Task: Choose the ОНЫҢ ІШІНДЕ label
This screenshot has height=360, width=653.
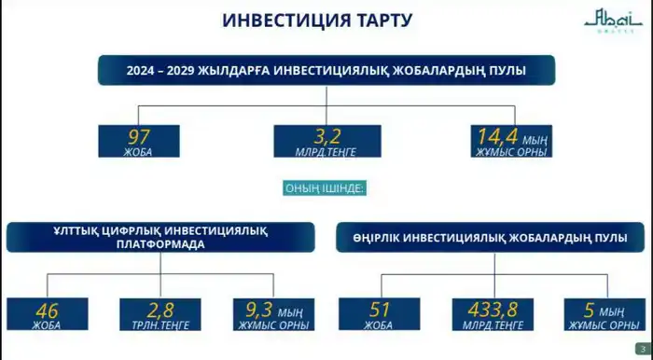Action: tap(324, 188)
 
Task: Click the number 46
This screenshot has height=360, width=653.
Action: tap(48, 308)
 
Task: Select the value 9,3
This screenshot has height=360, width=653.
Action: tap(260, 308)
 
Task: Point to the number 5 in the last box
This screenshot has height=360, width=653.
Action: tap(590, 308)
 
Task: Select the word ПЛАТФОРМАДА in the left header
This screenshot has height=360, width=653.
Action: tap(162, 244)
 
